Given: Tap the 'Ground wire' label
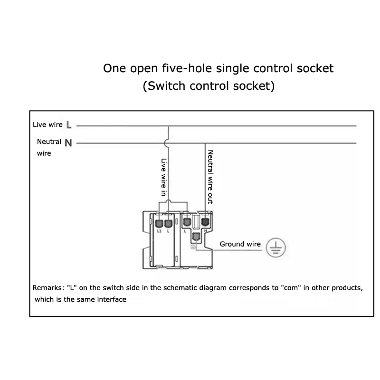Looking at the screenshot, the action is point(240,244).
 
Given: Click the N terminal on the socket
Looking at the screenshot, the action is point(205,221).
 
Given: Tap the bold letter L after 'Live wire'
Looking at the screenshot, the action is point(69,125).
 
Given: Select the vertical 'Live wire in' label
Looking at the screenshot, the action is point(163,177).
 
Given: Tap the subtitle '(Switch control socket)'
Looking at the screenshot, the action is point(209,86).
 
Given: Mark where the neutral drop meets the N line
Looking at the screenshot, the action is point(205,143).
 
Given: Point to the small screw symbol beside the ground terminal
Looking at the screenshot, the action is point(193,246).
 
